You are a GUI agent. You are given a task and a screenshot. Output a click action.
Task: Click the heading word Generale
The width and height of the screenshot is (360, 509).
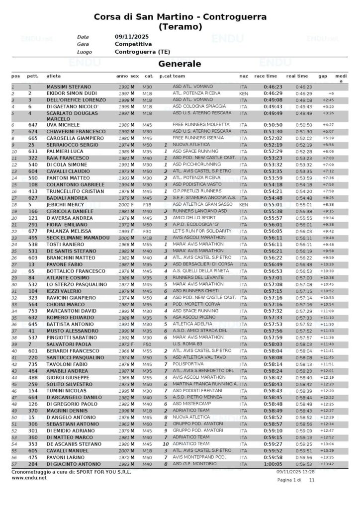[180, 64]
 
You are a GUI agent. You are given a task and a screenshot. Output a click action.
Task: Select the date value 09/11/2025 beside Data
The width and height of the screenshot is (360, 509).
[132, 37]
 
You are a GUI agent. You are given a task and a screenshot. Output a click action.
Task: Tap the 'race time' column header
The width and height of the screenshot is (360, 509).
[266, 76]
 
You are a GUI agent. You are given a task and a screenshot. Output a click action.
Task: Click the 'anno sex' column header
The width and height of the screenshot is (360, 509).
[127, 76]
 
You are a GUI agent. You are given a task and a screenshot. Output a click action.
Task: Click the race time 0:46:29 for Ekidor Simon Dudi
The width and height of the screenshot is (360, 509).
[272, 93]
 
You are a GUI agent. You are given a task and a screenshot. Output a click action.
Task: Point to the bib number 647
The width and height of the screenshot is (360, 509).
[33, 125]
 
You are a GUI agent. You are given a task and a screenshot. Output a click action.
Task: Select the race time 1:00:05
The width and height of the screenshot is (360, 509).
[272, 464]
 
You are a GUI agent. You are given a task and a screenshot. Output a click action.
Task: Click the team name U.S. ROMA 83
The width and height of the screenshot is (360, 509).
[188, 343]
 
